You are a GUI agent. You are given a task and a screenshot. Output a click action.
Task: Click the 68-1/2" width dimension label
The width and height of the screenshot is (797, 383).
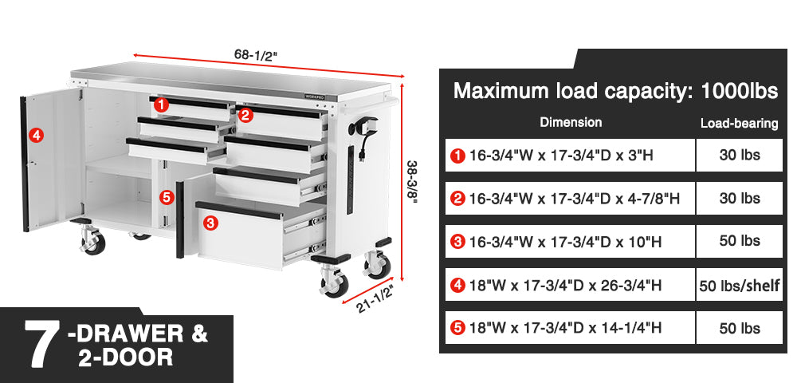(256, 53)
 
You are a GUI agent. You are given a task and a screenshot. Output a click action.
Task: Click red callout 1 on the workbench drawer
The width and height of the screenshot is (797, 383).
(161, 105)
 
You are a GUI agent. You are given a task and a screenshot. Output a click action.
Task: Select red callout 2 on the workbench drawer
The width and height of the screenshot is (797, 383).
(245, 116)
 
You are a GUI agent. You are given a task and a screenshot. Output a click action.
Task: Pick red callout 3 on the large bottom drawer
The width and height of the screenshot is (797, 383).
(210, 223)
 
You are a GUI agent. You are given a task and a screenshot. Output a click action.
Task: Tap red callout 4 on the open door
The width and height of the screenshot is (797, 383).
(36, 136)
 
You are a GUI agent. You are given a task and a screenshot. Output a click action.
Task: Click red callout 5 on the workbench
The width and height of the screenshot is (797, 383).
(167, 197)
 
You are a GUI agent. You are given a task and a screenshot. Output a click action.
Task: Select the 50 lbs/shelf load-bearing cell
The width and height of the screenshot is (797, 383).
(739, 286)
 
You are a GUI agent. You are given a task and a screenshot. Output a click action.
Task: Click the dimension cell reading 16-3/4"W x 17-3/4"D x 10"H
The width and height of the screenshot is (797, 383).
(570, 242)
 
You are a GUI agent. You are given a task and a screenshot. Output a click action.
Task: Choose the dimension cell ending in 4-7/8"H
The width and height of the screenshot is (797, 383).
(570, 199)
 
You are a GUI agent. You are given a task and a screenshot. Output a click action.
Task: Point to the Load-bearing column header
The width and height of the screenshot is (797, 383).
(739, 123)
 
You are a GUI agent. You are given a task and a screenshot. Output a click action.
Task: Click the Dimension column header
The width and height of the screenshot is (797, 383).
(571, 122)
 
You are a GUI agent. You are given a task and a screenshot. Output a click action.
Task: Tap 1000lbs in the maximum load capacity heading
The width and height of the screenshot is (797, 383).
(740, 91)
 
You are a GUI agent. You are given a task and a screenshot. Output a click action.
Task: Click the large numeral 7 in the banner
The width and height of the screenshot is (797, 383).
(41, 345)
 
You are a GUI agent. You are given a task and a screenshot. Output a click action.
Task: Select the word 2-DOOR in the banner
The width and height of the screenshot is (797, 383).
(126, 357)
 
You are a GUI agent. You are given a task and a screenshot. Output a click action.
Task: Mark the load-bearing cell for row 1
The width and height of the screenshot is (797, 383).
(739, 155)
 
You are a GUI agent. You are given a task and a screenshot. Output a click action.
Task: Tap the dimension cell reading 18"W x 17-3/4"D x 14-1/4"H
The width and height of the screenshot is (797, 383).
(570, 328)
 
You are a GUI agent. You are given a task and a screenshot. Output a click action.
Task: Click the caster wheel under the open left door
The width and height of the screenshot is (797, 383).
(93, 242)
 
